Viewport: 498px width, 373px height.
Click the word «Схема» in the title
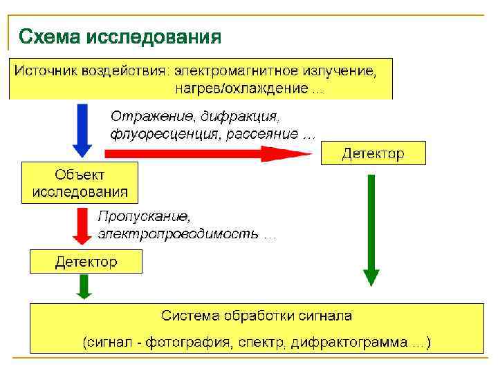click(49, 35)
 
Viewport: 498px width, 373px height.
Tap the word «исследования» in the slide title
click(153, 35)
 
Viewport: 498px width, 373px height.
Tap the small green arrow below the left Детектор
click(84, 286)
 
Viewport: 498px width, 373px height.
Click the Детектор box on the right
click(373, 153)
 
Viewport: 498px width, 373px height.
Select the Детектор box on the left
click(86, 262)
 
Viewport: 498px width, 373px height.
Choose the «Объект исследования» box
click(80, 182)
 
